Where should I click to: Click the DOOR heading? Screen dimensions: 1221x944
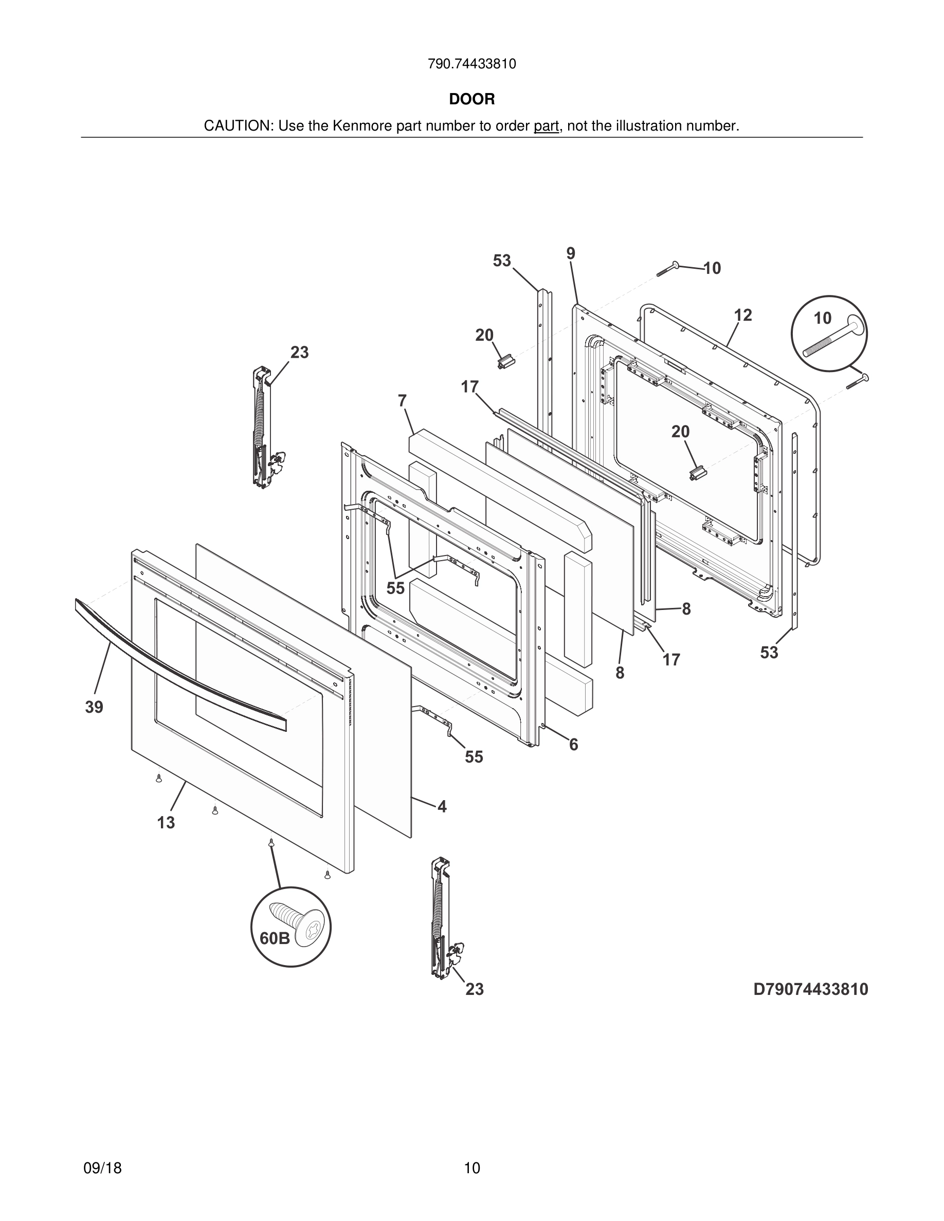pyautogui.click(x=471, y=100)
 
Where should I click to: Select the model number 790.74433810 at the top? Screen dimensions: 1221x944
pyautogui.click(x=471, y=64)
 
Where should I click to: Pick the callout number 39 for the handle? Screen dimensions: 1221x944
pyautogui.click(x=94, y=707)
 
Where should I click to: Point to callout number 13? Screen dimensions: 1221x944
pyautogui.click(x=166, y=822)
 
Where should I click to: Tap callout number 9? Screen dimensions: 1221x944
pyautogui.click(x=570, y=253)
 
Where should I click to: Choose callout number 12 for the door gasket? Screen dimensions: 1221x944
pyautogui.click(x=742, y=316)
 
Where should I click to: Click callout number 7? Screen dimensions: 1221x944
pyautogui.click(x=402, y=401)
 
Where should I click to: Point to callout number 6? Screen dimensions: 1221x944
pyautogui.click(x=574, y=745)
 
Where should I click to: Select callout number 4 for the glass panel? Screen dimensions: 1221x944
pyautogui.click(x=442, y=806)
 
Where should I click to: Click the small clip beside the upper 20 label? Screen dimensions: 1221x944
pyautogui.click(x=505, y=362)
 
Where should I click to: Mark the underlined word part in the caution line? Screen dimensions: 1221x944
pyautogui.click(x=546, y=126)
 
